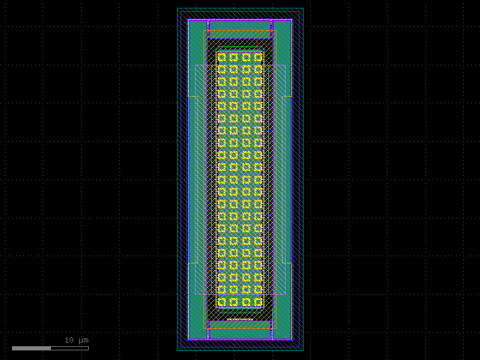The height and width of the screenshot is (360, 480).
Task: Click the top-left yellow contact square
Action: point(221,57)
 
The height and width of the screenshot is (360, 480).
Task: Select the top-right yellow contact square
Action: point(258,57)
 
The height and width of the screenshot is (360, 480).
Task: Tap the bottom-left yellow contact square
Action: point(221,302)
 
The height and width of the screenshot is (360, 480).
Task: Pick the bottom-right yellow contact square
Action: point(258,302)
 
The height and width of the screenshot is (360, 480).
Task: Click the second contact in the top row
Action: point(233,57)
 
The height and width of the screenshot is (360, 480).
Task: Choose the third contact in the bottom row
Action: point(246,302)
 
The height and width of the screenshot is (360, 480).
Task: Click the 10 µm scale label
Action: point(76,340)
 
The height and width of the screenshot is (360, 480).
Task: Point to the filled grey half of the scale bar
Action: point(31,348)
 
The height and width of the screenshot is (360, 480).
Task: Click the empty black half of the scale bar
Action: point(70,348)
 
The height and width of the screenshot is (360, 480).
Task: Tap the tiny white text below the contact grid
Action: point(239,319)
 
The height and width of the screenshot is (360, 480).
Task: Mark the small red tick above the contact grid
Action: point(257,44)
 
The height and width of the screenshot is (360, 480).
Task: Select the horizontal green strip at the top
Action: point(239,25)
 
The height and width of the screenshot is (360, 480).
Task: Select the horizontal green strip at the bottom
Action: point(239,334)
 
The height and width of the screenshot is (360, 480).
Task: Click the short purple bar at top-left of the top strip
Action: point(208,25)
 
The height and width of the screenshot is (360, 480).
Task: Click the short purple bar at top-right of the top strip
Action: point(271,25)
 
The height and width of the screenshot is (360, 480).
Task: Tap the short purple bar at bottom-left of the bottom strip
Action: point(208,333)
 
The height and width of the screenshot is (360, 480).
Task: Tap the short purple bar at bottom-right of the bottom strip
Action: point(271,333)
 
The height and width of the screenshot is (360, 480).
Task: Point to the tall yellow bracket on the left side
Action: point(193,179)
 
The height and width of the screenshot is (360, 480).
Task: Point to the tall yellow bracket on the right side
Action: point(286,179)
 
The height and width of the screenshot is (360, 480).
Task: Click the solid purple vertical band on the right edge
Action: point(295,179)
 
